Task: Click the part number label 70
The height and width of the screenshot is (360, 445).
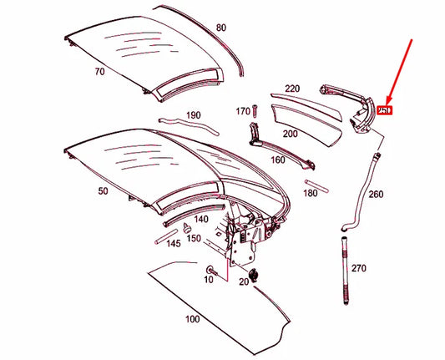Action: pos(99,72)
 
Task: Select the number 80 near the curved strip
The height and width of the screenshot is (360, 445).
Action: pos(220,28)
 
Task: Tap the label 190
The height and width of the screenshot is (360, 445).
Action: pos(193,114)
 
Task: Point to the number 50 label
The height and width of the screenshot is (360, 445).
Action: pos(104,191)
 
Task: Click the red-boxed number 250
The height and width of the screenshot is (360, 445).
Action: pos(384,109)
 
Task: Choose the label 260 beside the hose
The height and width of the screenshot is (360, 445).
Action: pos(376,194)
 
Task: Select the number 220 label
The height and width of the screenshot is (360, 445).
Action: pos(291,88)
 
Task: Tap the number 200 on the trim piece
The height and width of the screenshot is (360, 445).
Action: pos(289,133)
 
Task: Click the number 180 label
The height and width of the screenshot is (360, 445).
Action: pos(310,193)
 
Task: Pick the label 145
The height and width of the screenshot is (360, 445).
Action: pos(173,244)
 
